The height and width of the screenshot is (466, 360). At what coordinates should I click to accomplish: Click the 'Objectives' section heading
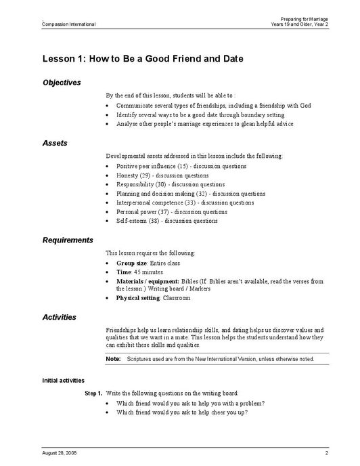tap(62, 83)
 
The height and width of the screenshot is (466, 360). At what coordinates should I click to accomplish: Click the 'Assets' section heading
tap(55, 144)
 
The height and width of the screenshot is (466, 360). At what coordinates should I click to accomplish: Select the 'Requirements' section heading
tap(68, 240)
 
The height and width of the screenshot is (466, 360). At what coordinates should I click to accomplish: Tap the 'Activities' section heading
tap(60, 317)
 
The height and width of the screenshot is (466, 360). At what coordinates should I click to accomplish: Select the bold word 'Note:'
tap(113, 358)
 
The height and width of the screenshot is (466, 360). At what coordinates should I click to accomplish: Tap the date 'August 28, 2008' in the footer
tap(59, 452)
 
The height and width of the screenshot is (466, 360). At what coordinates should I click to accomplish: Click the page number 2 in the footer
tap(326, 452)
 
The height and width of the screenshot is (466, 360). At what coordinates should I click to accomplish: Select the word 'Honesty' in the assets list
tap(127, 175)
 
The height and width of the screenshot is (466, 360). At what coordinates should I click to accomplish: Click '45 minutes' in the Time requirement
tap(148, 272)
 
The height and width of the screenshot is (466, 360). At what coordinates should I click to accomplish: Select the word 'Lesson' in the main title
tap(58, 59)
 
